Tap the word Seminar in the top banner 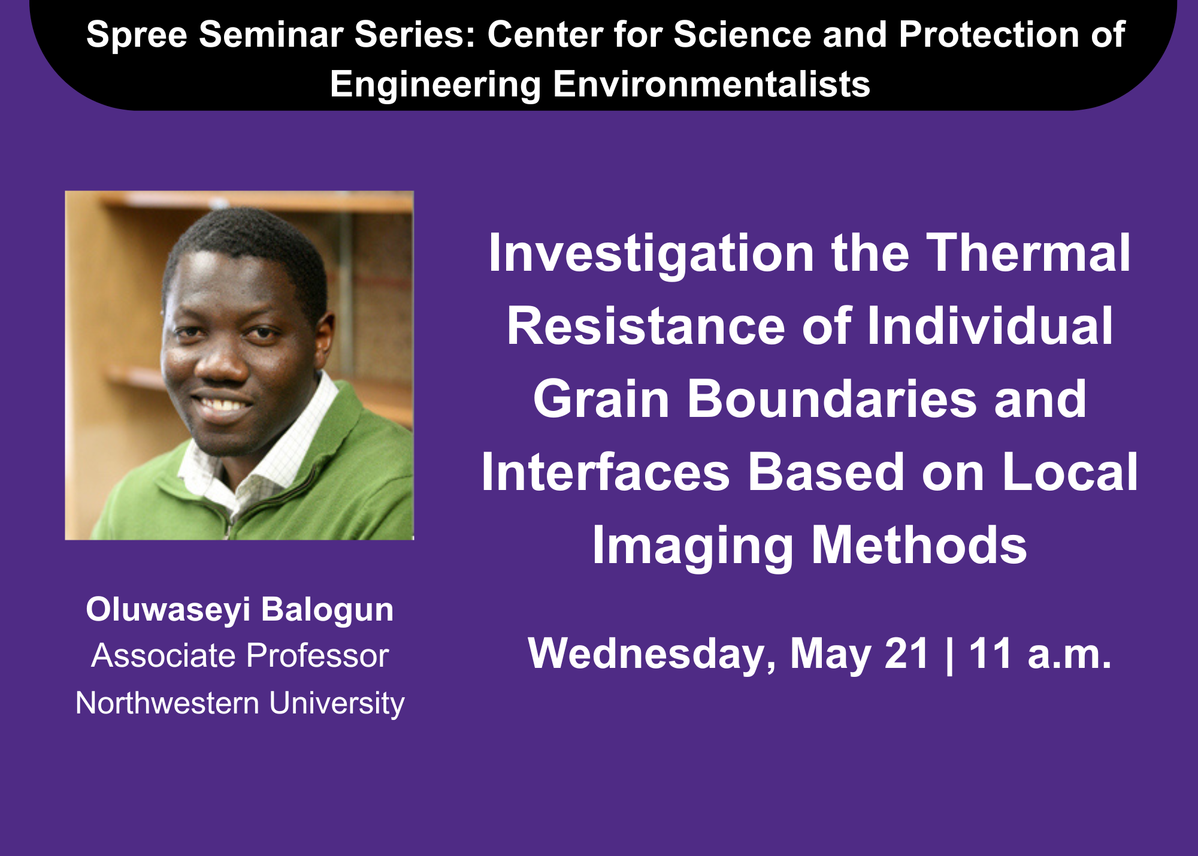coord(271,34)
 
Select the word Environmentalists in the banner coord(711,84)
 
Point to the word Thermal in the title coord(1028,253)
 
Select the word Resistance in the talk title coord(646,326)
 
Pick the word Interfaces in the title coord(606,472)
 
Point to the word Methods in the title coord(918,545)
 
